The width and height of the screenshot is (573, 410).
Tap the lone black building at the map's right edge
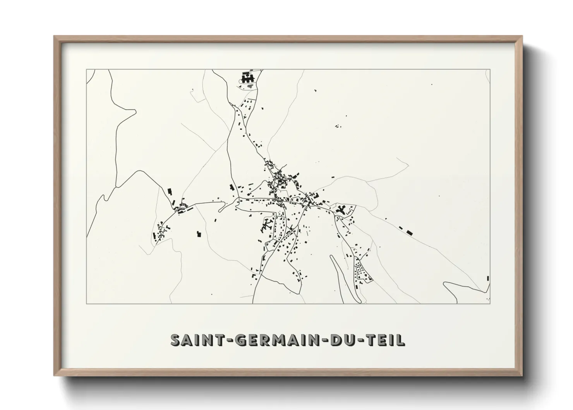(488, 278)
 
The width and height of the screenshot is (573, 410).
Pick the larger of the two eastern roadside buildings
(410, 233)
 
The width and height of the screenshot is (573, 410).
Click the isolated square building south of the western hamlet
(199, 234)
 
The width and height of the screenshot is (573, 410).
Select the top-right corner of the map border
(490, 70)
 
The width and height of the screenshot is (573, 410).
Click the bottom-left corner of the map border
(87, 303)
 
